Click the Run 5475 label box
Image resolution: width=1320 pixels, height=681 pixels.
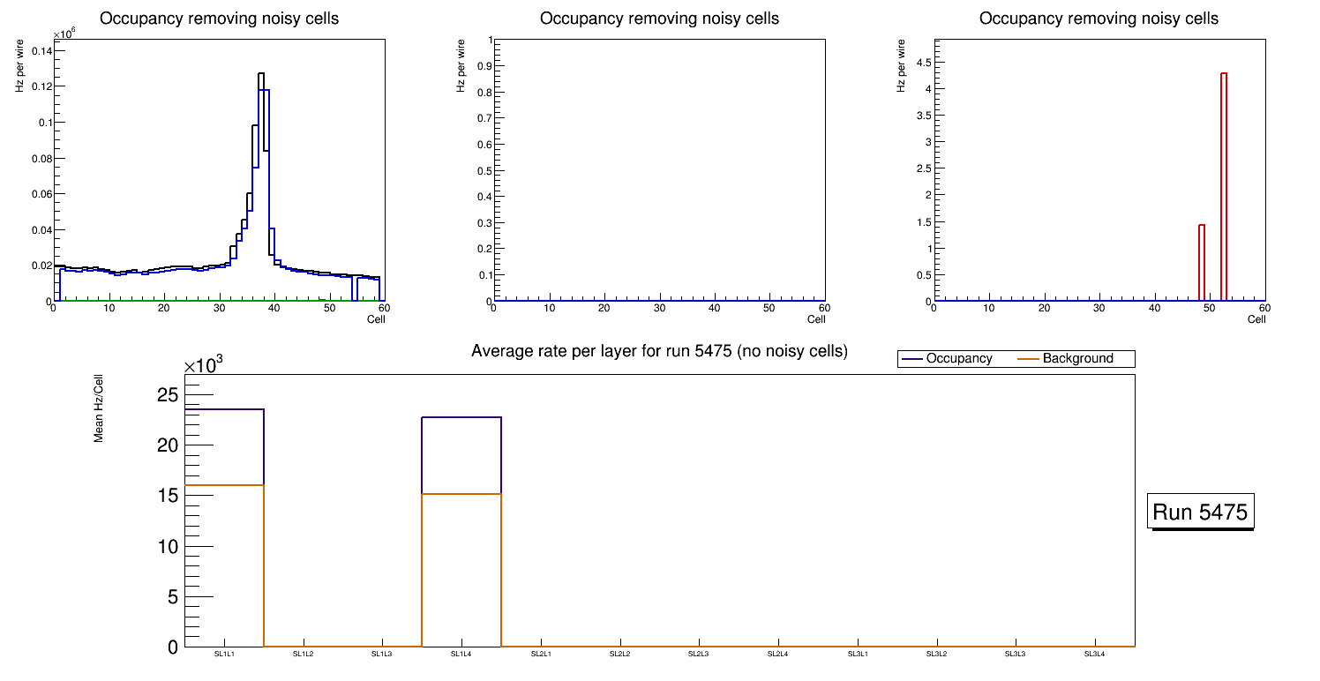1201,512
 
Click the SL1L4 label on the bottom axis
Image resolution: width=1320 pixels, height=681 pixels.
461,654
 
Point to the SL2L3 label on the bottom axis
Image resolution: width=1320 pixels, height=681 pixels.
699,654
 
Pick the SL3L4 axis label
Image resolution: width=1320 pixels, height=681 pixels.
1094,654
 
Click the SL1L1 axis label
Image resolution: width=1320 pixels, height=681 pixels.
225,654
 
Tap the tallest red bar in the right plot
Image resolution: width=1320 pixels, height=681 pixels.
1224,74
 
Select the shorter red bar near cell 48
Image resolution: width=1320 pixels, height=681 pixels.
1202,226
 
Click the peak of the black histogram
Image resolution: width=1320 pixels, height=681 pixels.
261,74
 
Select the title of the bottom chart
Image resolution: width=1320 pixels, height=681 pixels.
659,351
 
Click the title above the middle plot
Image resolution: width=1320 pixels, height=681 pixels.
659,19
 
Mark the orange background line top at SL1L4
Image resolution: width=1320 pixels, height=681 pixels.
461,494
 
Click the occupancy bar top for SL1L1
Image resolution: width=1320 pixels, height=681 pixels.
225,409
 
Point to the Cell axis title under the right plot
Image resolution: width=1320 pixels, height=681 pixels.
1256,319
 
